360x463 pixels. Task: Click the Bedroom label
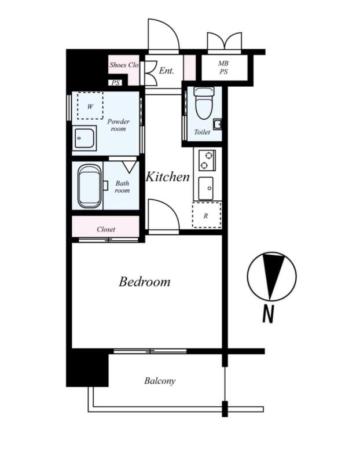[145, 282]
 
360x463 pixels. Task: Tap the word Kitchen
[168, 177]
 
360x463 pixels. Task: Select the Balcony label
[160, 381]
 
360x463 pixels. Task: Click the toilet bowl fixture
[204, 103]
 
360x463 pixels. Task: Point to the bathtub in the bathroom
[89, 186]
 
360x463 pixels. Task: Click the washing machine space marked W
[90, 106]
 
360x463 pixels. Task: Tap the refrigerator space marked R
[207, 215]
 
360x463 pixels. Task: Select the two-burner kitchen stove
[207, 160]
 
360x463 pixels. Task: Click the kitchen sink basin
[205, 189]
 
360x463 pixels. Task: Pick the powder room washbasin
[84, 138]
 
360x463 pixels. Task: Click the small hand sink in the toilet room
[218, 124]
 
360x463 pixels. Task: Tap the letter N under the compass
[269, 314]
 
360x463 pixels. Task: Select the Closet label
[106, 229]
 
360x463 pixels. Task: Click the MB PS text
[223, 67]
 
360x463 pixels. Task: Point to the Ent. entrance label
[167, 71]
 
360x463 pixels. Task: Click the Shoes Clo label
[124, 65]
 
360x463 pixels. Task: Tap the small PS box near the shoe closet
[116, 83]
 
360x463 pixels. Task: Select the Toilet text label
[202, 132]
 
